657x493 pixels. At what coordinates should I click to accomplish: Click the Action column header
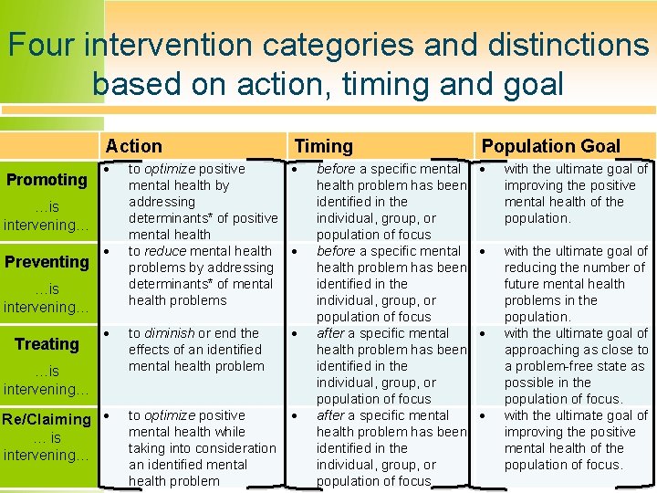(x=133, y=146)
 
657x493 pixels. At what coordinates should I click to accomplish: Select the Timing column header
(x=323, y=146)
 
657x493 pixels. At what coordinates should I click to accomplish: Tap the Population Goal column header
(x=550, y=146)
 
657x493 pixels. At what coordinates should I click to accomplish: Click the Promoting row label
(x=47, y=180)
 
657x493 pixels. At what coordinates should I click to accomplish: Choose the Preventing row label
(x=47, y=262)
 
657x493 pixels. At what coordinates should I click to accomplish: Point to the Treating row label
(x=47, y=344)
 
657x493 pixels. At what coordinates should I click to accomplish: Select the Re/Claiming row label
(x=47, y=420)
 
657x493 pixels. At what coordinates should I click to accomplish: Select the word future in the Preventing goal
(x=525, y=284)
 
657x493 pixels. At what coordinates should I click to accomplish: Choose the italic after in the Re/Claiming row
(x=329, y=415)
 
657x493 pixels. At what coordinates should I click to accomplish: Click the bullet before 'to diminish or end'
(x=107, y=334)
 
